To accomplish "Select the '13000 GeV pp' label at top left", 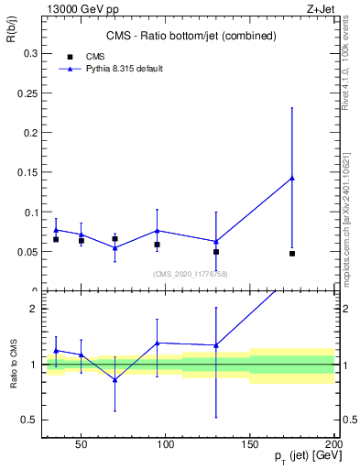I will point(74,8).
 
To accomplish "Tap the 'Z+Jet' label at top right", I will point(322,8).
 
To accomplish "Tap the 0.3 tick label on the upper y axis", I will point(29,54).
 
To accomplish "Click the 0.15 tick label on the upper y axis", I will point(27,172).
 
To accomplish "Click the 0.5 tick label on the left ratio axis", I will point(29,420).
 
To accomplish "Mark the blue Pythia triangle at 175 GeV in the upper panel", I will point(292,178).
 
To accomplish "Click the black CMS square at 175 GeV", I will point(292,253).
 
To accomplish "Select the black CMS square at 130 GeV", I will point(216,251).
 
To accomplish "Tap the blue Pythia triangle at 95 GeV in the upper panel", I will point(158,231).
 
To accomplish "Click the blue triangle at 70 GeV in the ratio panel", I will point(115,379).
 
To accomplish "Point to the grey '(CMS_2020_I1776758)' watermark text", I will point(191,273).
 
